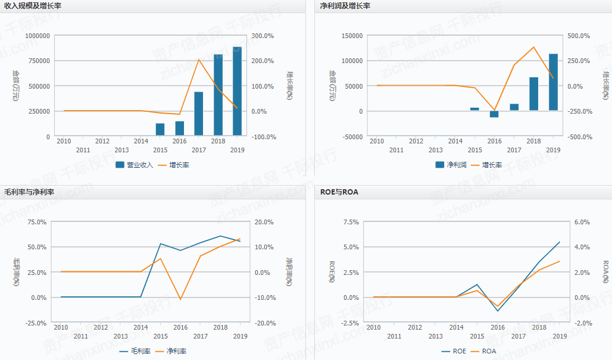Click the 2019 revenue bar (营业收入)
(x=237, y=91)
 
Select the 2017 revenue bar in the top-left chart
(x=199, y=114)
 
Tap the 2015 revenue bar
(x=160, y=130)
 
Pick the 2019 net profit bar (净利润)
(x=553, y=82)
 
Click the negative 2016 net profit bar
(x=494, y=114)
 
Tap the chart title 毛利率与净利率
(x=29, y=192)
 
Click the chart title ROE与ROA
(x=339, y=192)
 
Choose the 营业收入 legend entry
(x=135, y=165)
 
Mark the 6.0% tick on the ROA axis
(x=581, y=222)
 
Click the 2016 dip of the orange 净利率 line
(x=180, y=299)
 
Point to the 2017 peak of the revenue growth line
(x=199, y=60)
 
